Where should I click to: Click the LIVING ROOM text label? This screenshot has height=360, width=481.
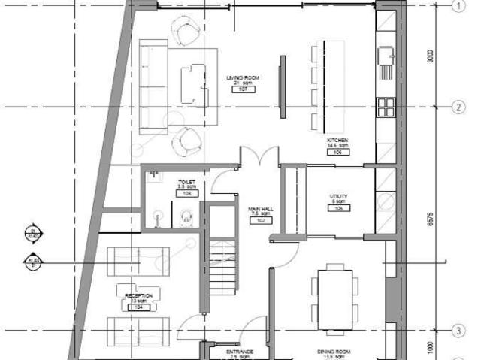tap(242, 77)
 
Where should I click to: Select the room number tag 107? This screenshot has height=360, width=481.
tap(243, 89)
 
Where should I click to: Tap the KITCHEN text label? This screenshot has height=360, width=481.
tap(337, 141)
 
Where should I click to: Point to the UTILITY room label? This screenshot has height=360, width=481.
tap(338, 197)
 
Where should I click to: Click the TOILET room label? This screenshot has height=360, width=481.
tap(186, 183)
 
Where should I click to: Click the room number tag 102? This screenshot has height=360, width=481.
tap(260, 221)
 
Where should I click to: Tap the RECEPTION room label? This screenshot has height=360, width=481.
tap(139, 296)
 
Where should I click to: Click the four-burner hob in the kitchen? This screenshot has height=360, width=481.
tap(385, 107)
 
